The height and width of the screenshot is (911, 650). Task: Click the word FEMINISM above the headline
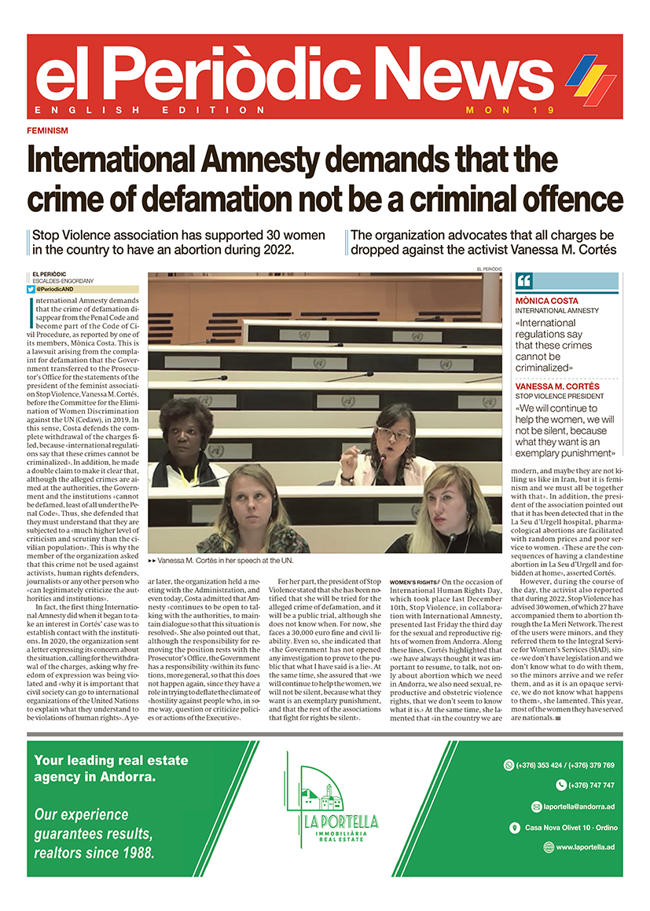pos(47,130)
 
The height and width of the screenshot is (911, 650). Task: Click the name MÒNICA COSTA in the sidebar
pos(547,301)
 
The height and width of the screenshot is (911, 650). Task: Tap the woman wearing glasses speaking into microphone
pos(392,444)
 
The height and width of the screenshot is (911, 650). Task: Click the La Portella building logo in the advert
pos(324,801)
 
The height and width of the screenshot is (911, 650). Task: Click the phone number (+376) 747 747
pos(586,785)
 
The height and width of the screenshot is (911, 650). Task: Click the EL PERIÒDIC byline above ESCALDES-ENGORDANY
pos(49,274)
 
